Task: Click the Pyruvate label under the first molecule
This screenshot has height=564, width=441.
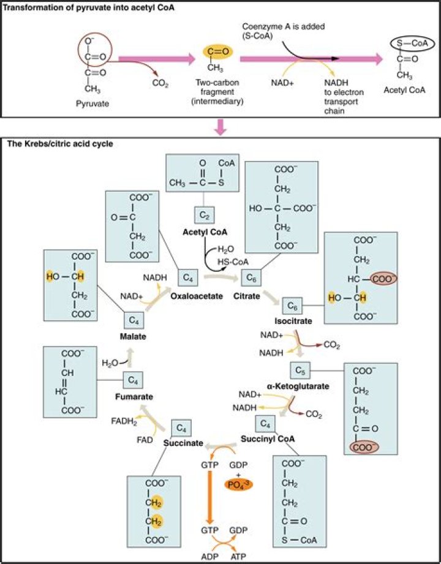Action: pyautogui.click(x=91, y=103)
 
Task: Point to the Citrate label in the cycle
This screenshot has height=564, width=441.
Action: pyautogui.click(x=247, y=296)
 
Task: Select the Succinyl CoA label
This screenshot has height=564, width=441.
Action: pyautogui.click(x=277, y=438)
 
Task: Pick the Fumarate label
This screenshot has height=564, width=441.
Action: pyautogui.click(x=134, y=396)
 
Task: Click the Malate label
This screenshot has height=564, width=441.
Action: pyautogui.click(x=133, y=337)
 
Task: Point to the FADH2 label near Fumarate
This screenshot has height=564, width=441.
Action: pyautogui.click(x=123, y=422)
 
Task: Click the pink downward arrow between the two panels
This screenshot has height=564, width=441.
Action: pyautogui.click(x=220, y=127)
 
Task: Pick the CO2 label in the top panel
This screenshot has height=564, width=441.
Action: pyautogui.click(x=161, y=81)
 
